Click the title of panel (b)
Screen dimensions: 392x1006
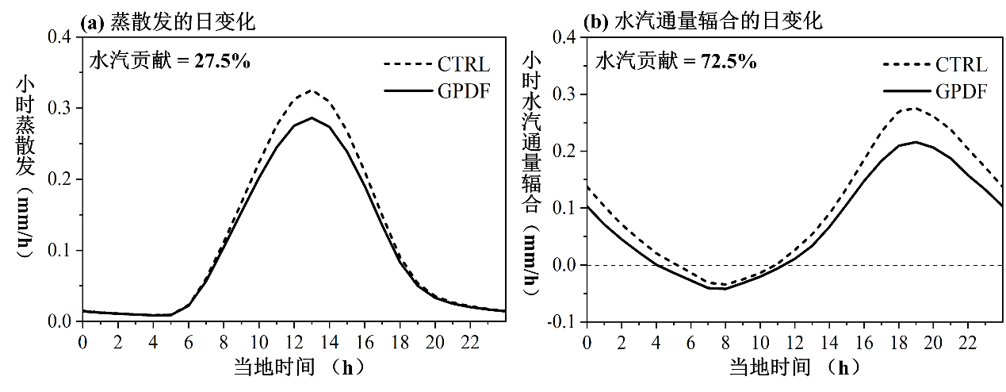tap(702, 21)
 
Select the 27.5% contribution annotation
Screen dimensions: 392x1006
tap(168, 60)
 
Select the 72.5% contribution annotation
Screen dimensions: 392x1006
tap(676, 60)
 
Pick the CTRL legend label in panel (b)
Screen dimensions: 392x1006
tap(961, 65)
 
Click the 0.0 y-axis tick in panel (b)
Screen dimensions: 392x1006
tap(566, 265)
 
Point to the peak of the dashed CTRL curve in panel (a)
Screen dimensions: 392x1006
tap(311, 90)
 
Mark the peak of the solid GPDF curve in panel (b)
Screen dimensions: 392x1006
tap(916, 142)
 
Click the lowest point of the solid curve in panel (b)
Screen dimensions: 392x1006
tap(725, 288)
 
